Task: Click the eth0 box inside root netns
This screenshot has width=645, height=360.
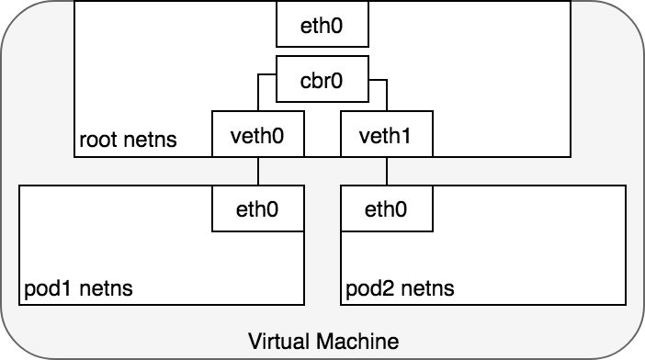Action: pos(322,24)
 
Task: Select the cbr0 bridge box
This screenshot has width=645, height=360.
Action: pos(322,79)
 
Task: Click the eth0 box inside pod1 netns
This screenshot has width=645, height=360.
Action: pos(258,208)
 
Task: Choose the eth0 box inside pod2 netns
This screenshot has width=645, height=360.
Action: pos(386,208)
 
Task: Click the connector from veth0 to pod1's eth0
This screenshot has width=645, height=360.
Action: pos(258,171)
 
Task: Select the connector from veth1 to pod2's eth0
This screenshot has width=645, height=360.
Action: pos(387,171)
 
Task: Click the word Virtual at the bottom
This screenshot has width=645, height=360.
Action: pos(277,342)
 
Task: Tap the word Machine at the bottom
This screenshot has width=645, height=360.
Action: pos(355,342)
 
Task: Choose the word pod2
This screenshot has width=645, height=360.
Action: pos(368,289)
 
